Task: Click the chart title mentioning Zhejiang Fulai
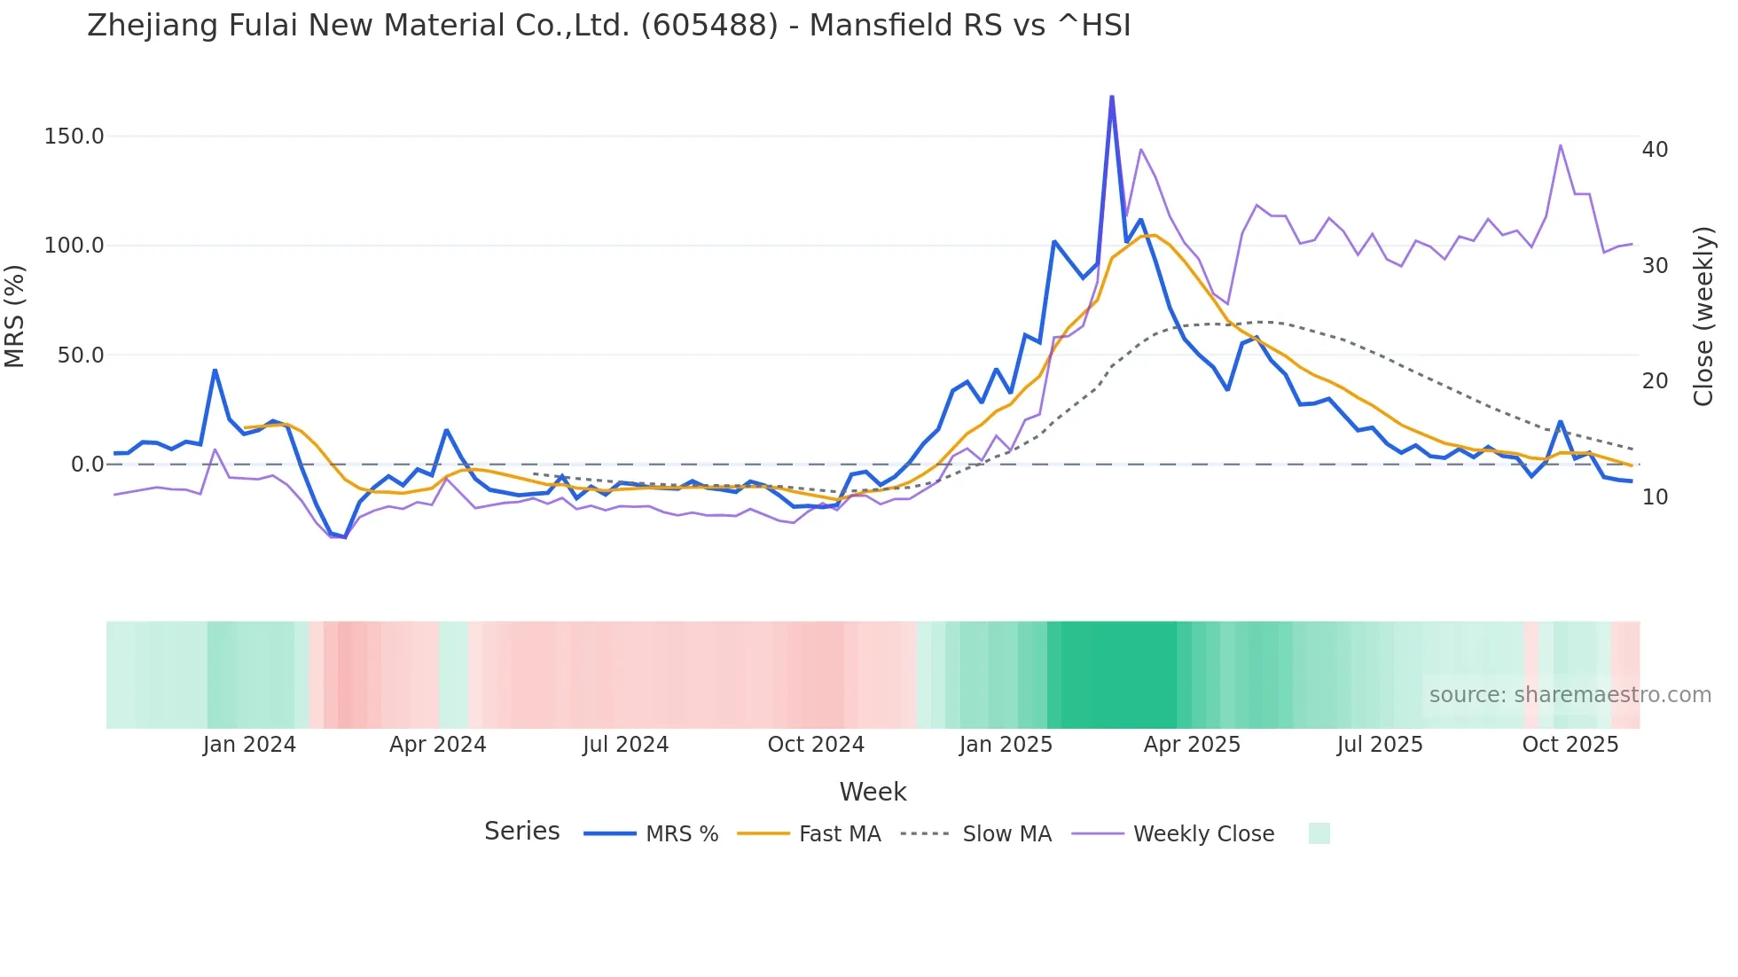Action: coord(608,26)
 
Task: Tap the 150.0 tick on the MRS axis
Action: coord(74,137)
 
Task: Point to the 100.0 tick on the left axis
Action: coord(74,246)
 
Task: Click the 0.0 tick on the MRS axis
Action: coord(87,465)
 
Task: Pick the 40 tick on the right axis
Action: coord(1655,150)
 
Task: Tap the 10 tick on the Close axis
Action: coord(1655,497)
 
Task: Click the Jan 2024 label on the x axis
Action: coord(249,745)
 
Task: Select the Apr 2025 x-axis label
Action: coord(1192,745)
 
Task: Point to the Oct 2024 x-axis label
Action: coord(816,745)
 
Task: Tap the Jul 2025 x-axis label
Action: coord(1380,745)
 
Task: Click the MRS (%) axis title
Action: coord(15,316)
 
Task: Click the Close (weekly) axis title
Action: coord(1703,316)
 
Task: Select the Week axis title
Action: coord(873,792)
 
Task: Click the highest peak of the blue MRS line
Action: coord(1112,97)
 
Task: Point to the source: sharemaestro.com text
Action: coord(1570,695)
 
